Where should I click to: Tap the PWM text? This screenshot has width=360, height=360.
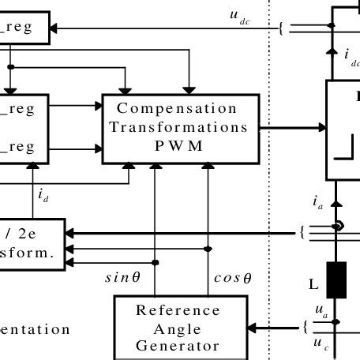click(177, 144)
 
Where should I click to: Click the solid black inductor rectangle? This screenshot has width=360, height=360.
click(337, 279)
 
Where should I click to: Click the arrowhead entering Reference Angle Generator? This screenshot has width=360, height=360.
click(255, 327)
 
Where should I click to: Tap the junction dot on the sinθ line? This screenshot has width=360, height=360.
click(156, 261)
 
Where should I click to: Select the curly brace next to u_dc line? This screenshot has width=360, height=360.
click(280, 29)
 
